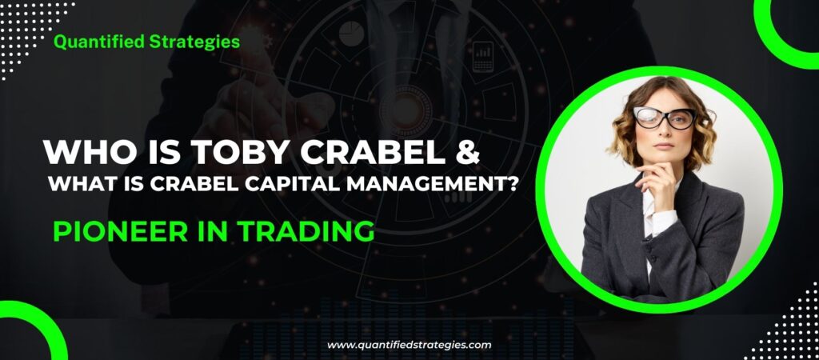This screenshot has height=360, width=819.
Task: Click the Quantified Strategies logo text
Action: click(146, 42)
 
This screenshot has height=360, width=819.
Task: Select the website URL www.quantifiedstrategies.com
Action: click(409, 345)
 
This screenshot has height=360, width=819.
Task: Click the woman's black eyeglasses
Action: click(663, 118)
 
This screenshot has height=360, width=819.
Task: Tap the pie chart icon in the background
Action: click(350, 34)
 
